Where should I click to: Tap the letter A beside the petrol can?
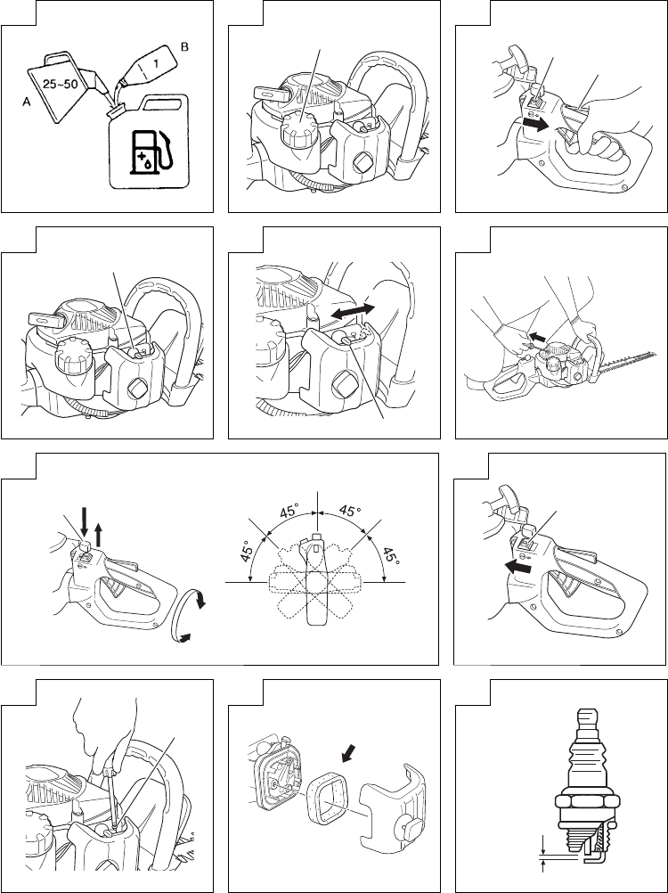(26, 102)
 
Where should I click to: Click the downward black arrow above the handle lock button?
(85, 518)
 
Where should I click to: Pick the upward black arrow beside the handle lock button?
(99, 536)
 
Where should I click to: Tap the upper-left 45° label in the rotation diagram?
(290, 511)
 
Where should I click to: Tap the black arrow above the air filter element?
(346, 755)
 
